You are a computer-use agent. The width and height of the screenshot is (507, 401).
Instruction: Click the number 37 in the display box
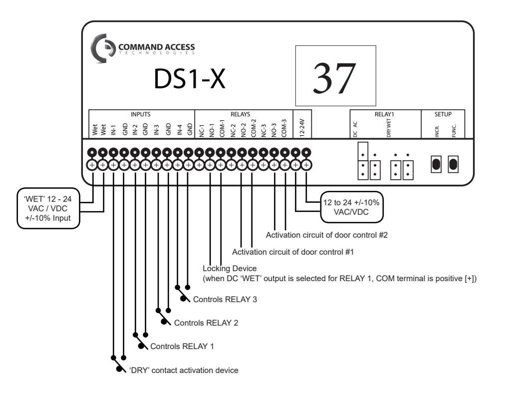334,78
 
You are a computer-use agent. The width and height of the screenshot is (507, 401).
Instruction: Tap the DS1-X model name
189,78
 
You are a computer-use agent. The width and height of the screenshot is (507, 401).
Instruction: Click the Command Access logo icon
102,48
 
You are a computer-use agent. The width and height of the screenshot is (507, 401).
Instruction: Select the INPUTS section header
140,114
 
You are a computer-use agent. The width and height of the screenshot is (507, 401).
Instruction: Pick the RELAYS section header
240,114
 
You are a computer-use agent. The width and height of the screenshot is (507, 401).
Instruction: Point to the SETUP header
443,114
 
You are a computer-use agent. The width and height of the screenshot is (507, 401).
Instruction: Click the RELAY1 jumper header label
384,114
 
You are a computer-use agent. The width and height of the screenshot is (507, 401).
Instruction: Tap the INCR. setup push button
436,164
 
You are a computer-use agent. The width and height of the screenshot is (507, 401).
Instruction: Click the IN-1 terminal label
113,130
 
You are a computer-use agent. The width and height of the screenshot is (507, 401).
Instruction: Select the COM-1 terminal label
222,128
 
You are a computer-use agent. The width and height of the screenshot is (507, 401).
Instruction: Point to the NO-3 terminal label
274,130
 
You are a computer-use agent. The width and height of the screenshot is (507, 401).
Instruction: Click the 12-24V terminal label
302,128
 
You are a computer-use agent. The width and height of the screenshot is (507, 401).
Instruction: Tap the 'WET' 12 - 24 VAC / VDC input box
48,208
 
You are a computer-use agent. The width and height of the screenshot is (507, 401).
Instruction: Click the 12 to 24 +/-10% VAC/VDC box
351,207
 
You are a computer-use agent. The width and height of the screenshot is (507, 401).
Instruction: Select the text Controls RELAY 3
225,299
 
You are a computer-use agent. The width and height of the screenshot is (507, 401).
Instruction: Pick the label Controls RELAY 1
182,346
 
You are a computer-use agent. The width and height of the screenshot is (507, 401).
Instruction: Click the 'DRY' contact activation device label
184,370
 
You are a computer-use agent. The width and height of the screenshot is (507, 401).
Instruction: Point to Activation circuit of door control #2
326,235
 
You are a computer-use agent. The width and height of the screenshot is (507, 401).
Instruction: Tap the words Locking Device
230,268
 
